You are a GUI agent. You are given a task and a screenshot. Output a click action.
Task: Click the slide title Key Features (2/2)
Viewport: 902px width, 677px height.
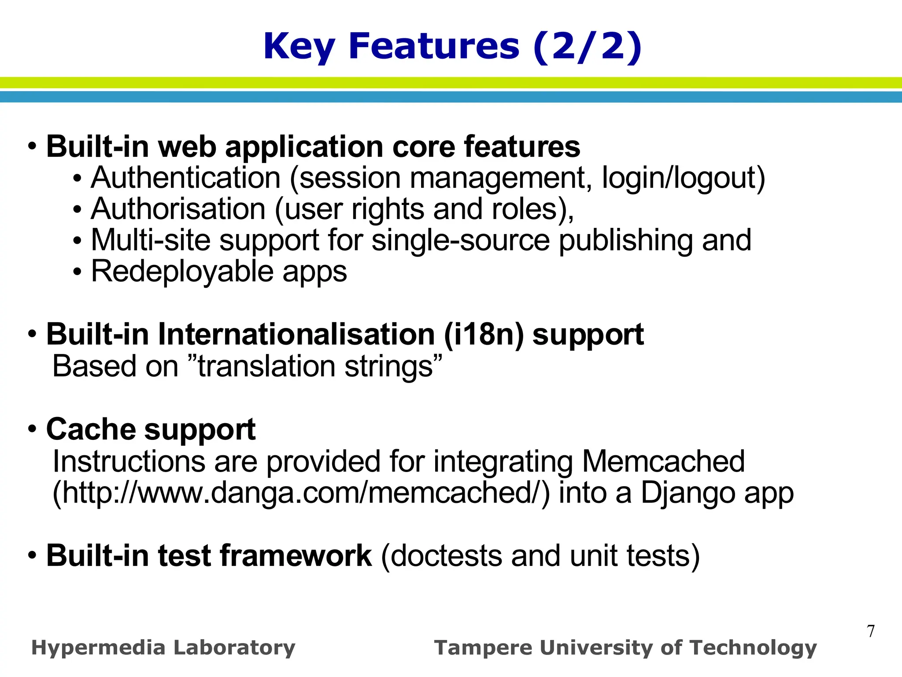[452, 47]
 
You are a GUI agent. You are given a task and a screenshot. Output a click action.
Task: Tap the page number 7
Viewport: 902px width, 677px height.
[871, 631]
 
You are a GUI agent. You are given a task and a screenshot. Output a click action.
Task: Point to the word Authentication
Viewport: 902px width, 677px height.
[185, 178]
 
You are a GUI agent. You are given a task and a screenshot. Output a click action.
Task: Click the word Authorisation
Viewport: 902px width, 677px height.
[178, 209]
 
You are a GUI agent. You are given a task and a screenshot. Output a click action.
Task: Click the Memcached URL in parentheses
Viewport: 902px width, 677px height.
[301, 493]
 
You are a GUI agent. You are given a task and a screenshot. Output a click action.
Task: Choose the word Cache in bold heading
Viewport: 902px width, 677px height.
[90, 429]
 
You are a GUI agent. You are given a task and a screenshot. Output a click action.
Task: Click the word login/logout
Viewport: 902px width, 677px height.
[683, 178]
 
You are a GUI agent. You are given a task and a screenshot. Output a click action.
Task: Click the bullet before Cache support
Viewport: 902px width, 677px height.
[32, 429]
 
